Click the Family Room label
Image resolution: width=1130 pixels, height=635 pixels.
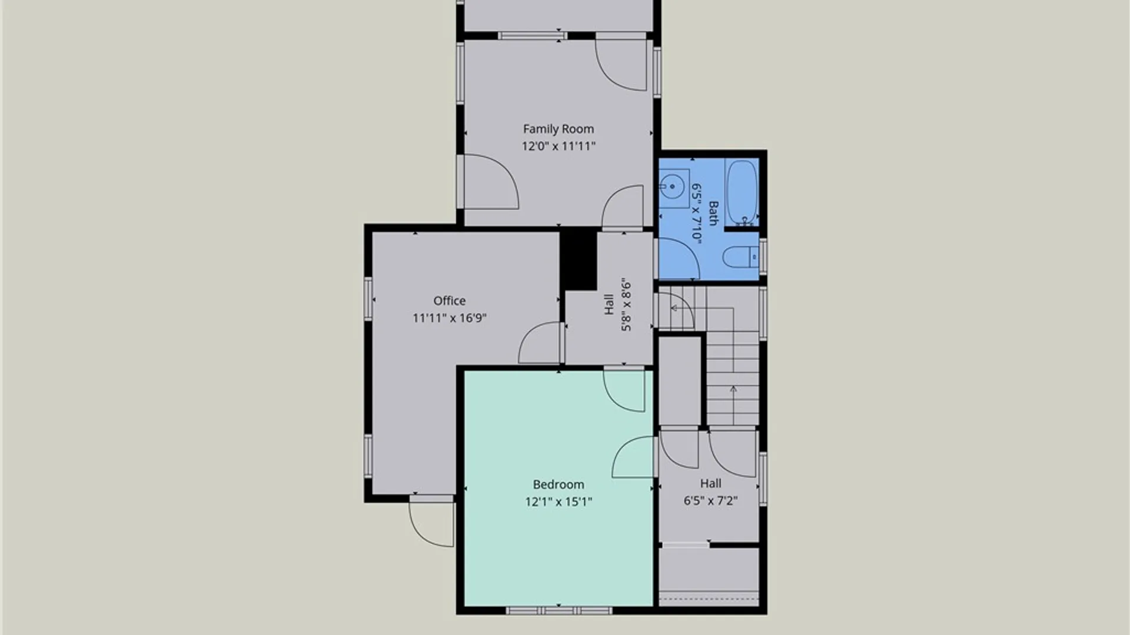(x=558, y=129)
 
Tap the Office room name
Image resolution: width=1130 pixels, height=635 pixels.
(x=449, y=300)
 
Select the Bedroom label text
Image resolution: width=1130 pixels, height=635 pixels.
(x=558, y=484)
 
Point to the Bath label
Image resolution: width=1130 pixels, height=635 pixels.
(x=713, y=213)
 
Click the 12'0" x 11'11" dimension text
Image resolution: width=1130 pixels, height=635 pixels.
(x=558, y=146)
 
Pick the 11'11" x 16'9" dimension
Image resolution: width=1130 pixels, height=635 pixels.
(x=449, y=318)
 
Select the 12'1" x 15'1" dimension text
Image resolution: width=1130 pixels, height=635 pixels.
(x=558, y=502)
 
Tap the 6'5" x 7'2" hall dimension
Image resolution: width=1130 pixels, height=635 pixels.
(x=710, y=501)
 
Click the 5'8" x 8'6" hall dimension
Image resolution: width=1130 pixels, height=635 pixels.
(x=626, y=305)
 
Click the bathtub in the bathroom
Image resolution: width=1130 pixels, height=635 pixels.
(x=742, y=192)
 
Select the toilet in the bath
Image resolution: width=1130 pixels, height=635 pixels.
(x=740, y=257)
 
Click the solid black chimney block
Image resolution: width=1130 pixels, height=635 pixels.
(x=578, y=259)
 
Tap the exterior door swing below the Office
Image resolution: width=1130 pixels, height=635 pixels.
(x=432, y=522)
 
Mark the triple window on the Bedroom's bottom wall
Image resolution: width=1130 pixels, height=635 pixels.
(x=559, y=611)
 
